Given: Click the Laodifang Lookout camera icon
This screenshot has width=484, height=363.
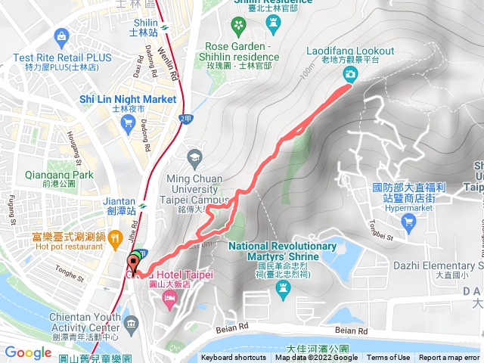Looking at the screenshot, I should pyautogui.click(x=351, y=73).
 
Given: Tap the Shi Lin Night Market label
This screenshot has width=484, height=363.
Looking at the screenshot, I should pyautogui.click(x=127, y=99).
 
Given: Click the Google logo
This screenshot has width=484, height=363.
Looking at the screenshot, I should pyautogui.click(x=28, y=352).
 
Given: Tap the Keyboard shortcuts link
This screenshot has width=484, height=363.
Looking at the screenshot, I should pyautogui.click(x=234, y=358).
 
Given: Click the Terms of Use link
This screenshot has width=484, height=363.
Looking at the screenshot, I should pyautogui.click(x=389, y=358).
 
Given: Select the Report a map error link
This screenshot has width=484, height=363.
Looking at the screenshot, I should pyautogui.click(x=451, y=358).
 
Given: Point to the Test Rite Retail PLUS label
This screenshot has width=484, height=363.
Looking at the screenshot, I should pyautogui.click(x=62, y=57).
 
